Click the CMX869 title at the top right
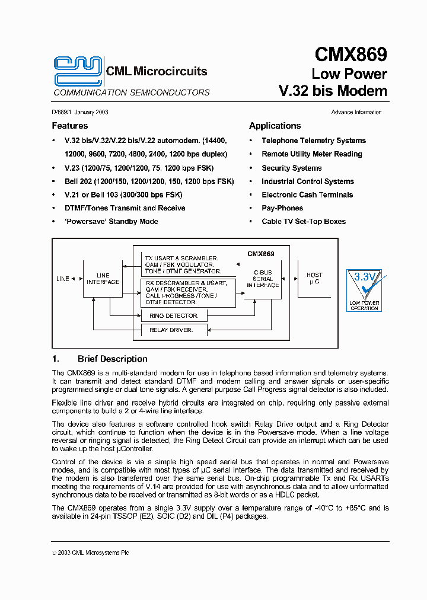coord(350,55)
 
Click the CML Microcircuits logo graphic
coord(77,71)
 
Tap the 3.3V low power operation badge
coord(364,289)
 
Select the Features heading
coord(69,126)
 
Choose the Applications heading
coord(275,126)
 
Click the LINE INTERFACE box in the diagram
coord(103,279)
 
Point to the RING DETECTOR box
coord(173,316)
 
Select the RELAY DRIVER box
coord(173,330)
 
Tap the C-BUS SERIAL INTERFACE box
coord(263,279)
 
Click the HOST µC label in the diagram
coord(314,278)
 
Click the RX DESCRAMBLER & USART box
coord(187,292)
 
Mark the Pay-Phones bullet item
coord(282,208)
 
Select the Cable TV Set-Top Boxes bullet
coord(304,222)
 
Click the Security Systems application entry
coord(292,168)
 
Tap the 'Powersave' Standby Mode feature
coord(111,222)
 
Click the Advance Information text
coord(356,112)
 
